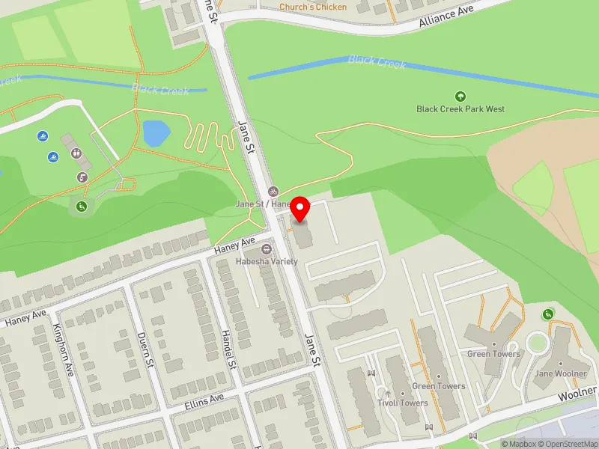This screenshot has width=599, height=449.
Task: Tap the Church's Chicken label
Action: pos(313,7)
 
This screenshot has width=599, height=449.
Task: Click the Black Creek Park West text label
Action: pos(460,109)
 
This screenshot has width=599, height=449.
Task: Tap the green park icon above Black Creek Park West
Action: pos(460,96)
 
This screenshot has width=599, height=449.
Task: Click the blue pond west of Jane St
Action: pos(156,133)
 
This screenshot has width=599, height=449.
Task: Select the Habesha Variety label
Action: pos(267,261)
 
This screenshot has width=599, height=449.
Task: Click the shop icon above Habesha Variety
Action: pos(267,248)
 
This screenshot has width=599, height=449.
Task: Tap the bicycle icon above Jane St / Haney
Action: pos(273,192)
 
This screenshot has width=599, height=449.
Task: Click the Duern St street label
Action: pos(145,349)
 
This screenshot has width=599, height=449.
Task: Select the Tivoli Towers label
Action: pos(403,403)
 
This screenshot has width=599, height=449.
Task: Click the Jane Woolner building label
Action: pos(559,373)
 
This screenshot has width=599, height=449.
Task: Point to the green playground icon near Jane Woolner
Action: pos(549,314)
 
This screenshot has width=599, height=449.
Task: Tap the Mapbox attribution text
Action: pos(517,444)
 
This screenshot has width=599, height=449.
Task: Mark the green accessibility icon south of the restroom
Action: pos(82,206)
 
